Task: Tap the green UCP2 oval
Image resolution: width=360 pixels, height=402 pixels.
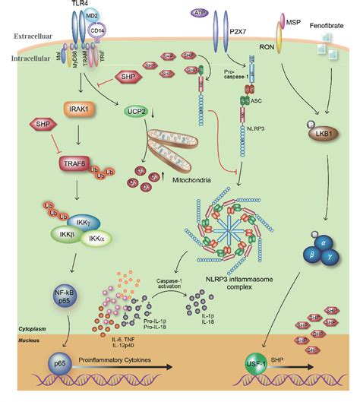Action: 137,113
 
